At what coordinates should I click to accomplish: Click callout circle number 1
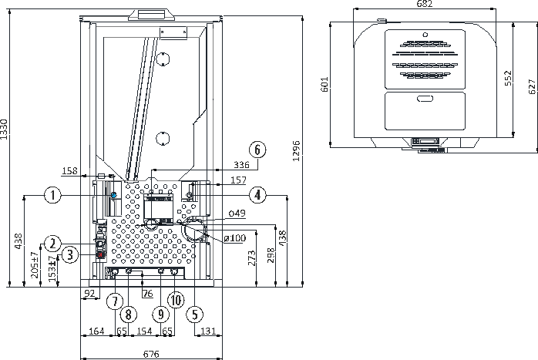pyautogui.click(x=53, y=195)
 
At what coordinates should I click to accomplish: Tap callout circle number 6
pyautogui.click(x=257, y=150)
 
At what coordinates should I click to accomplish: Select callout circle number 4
pyautogui.click(x=257, y=195)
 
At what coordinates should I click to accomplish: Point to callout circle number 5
pyautogui.click(x=195, y=315)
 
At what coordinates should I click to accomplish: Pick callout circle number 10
pyautogui.click(x=176, y=301)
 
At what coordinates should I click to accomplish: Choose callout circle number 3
pyautogui.click(x=70, y=255)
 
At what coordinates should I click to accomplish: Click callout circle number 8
pyautogui.click(x=128, y=315)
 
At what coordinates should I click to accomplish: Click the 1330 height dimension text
pyautogui.click(x=4, y=130)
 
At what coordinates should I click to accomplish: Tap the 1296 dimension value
pyautogui.click(x=297, y=150)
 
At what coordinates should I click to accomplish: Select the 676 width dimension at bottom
pyautogui.click(x=151, y=354)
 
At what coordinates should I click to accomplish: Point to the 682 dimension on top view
pyautogui.click(x=425, y=4)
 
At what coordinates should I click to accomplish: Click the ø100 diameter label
pyautogui.click(x=235, y=238)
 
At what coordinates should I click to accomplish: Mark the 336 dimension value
pyautogui.click(x=241, y=165)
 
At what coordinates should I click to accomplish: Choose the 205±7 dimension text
pyautogui.click(x=35, y=265)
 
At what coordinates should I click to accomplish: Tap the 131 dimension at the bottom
pyautogui.click(x=208, y=331)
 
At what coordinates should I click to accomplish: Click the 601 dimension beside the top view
pyautogui.click(x=324, y=84)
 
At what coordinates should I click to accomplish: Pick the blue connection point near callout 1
pyautogui.click(x=114, y=195)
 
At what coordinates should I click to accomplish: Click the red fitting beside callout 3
pyautogui.click(x=100, y=255)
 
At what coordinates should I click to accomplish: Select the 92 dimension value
pyautogui.click(x=89, y=294)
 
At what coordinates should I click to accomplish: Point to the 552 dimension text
pyautogui.click(x=508, y=78)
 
